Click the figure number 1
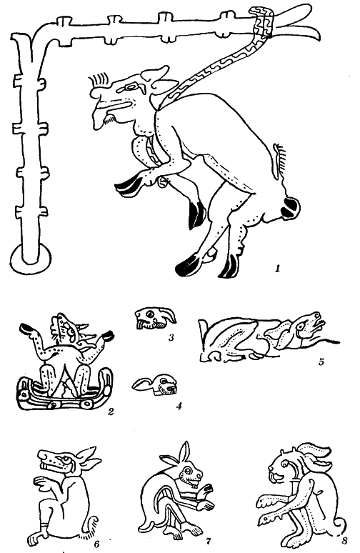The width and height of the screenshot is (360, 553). (x=277, y=269)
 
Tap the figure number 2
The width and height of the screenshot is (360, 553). (x=111, y=411)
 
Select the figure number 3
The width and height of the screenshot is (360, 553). (x=171, y=337)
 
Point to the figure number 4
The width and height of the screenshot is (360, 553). (x=179, y=406)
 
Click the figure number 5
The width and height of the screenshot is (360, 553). (x=321, y=362)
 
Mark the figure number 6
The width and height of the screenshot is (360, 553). (x=96, y=544)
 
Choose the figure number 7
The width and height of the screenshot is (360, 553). (x=208, y=540)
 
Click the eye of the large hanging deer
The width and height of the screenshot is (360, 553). (x=134, y=86)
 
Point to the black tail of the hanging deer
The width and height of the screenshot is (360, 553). (x=291, y=207)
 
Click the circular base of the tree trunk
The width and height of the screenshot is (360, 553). (x=31, y=260)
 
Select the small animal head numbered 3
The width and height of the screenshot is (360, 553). (x=155, y=318)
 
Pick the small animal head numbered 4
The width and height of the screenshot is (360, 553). (x=155, y=386)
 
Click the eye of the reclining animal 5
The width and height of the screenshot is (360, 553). (x=301, y=327)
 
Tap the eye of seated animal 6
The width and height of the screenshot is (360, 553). (x=65, y=460)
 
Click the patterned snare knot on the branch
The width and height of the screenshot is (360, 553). (x=261, y=21)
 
